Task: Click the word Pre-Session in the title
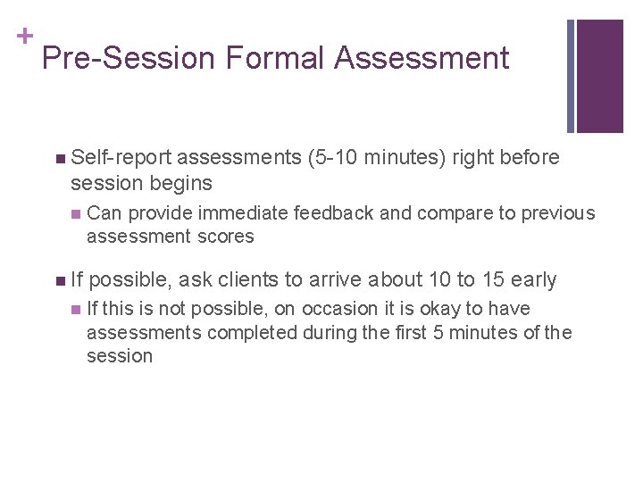point(129,59)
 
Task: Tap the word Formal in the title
point(275,59)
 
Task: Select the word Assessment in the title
point(422,59)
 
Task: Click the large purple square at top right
point(600,76)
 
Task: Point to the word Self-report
point(121,158)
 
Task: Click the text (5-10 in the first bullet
point(332,158)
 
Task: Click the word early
point(533,280)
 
